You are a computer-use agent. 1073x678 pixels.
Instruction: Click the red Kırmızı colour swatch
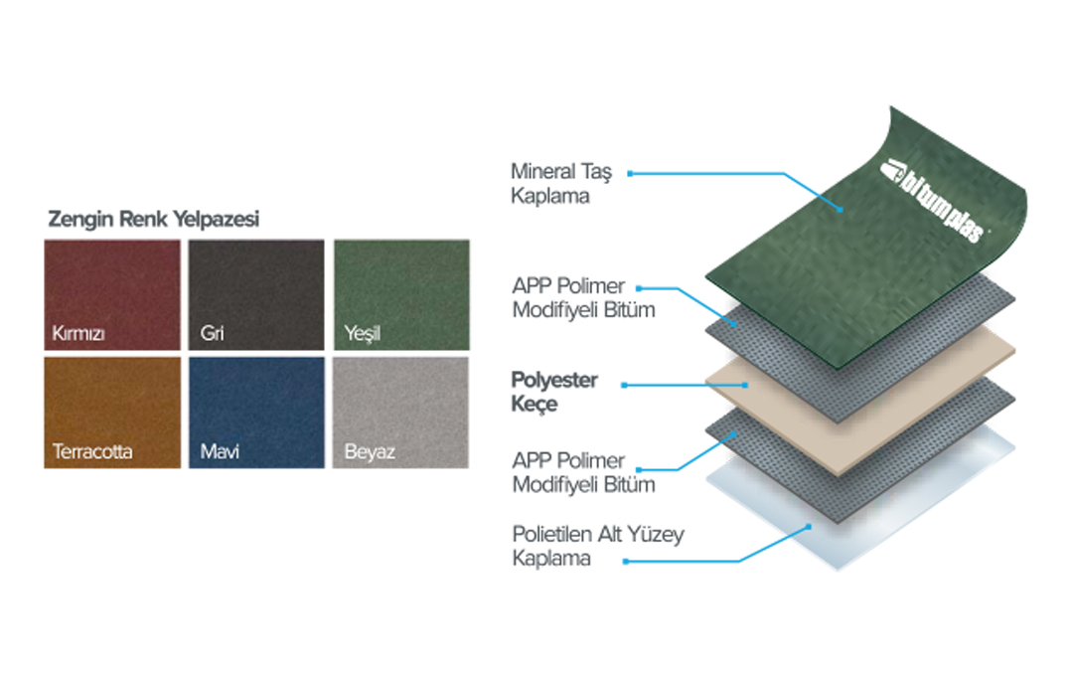click(x=112, y=294)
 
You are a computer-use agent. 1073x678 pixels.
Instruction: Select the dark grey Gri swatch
click(x=256, y=294)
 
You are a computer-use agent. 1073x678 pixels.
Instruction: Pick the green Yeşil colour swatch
click(x=401, y=294)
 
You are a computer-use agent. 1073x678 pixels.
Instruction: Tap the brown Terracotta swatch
click(x=112, y=413)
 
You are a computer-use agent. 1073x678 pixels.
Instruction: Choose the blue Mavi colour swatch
click(x=256, y=413)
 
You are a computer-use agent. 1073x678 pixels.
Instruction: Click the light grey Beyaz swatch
click(x=401, y=413)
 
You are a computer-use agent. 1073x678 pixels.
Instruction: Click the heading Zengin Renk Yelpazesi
click(x=153, y=219)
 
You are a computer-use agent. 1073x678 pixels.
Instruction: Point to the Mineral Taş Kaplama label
click(x=561, y=184)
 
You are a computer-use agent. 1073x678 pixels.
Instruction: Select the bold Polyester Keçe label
click(x=554, y=392)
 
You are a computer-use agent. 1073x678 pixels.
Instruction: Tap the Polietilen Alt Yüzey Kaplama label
click(x=598, y=546)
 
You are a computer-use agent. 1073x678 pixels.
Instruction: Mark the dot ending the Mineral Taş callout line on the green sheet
click(x=841, y=210)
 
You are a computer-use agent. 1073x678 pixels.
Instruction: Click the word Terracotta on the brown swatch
click(x=92, y=452)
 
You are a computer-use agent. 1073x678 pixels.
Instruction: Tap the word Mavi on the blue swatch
click(x=220, y=452)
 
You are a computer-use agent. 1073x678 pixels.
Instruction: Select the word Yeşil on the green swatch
click(x=362, y=333)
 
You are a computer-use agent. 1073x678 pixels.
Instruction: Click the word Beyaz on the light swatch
click(x=370, y=452)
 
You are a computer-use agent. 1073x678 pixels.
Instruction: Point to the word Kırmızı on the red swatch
click(x=78, y=333)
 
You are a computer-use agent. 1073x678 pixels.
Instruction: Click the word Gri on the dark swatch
click(x=213, y=333)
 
